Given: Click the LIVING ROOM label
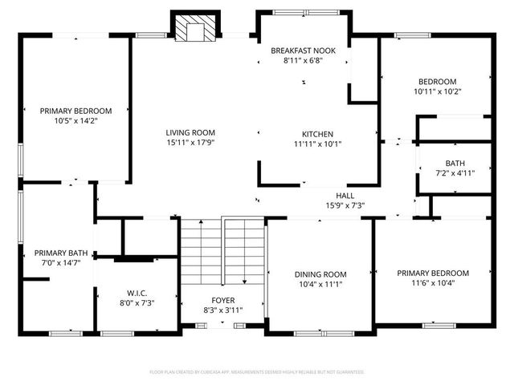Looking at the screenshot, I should [190, 132].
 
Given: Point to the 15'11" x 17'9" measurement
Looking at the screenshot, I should [190, 144].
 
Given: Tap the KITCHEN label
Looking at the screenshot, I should [317, 134].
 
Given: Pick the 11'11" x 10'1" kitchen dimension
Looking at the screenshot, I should [317, 145].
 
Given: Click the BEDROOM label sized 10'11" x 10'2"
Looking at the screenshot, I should [437, 81].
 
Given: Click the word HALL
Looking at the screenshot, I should [345, 195].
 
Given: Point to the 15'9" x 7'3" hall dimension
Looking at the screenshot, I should [345, 205].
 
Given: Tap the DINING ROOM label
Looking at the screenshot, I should [320, 274].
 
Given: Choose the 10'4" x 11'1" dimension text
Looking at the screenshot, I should [320, 285].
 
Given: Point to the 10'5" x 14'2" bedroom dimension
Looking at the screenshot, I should [75, 122].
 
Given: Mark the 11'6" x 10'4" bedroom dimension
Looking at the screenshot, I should [433, 283].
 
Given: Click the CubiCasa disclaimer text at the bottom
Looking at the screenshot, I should [257, 372].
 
